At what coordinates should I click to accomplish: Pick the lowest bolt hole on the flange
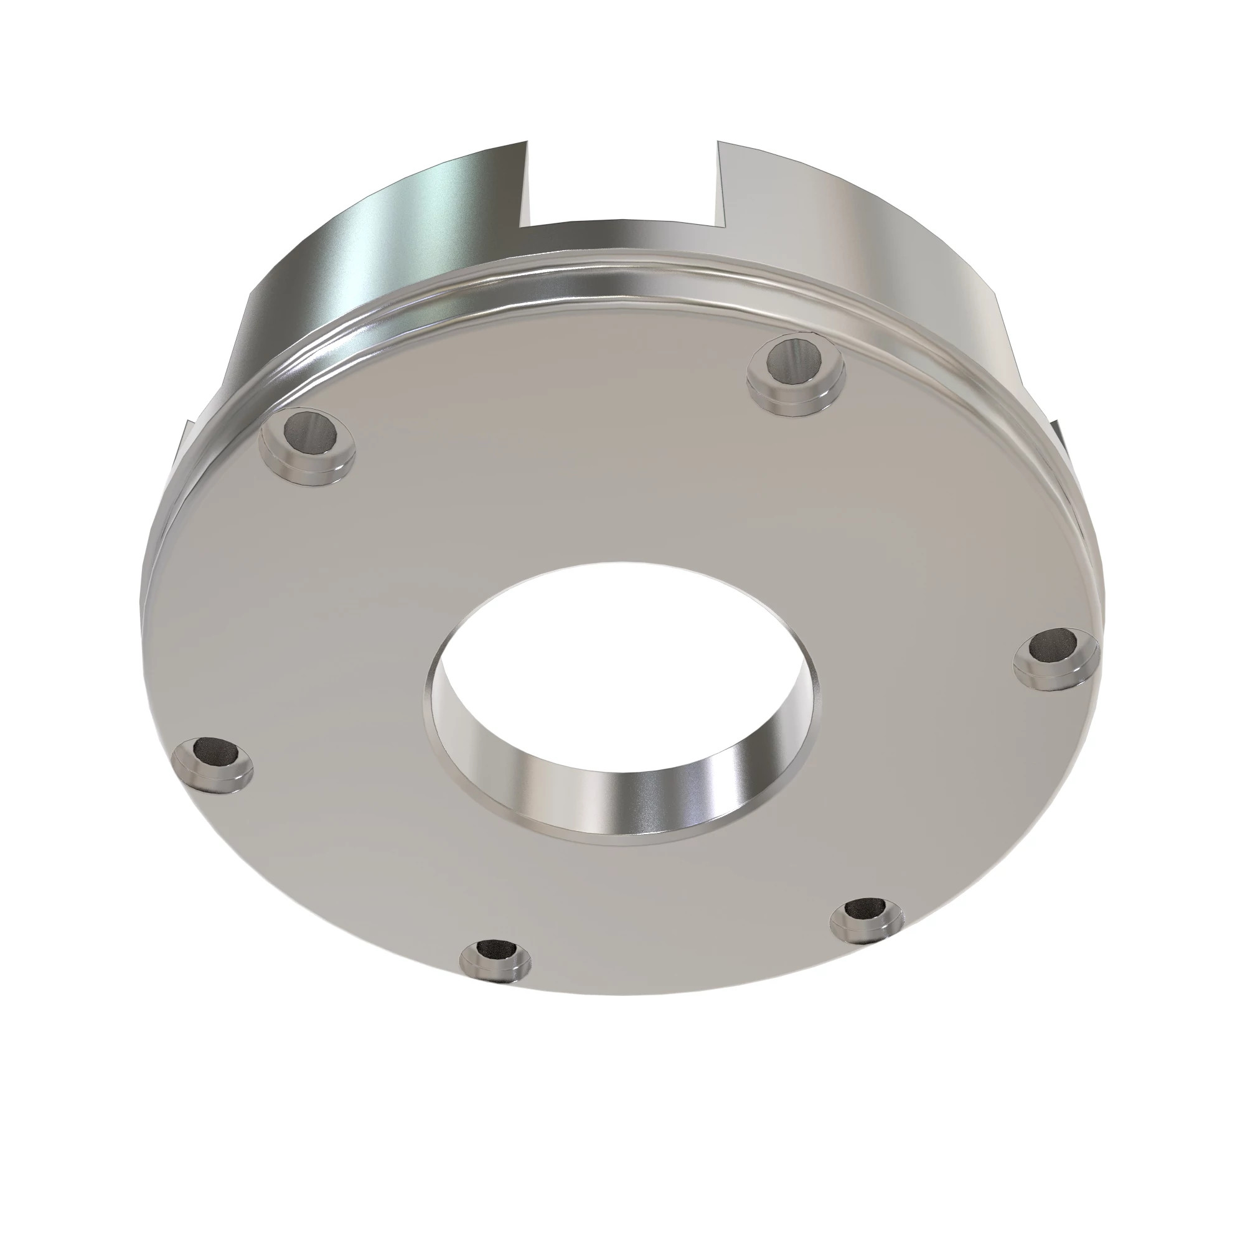click(497, 951)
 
